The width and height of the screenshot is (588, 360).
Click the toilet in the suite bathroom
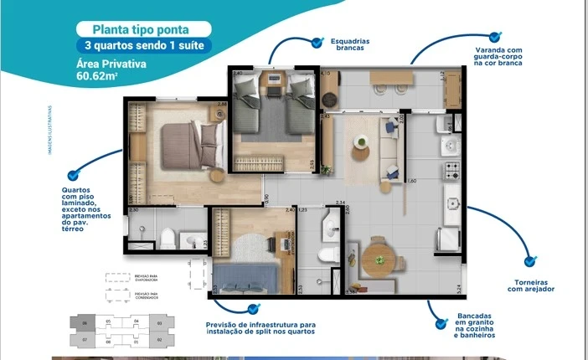168,237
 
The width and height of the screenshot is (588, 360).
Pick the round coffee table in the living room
360,154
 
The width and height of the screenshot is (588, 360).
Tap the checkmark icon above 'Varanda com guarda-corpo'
494,37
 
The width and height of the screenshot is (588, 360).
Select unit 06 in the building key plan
85,322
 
